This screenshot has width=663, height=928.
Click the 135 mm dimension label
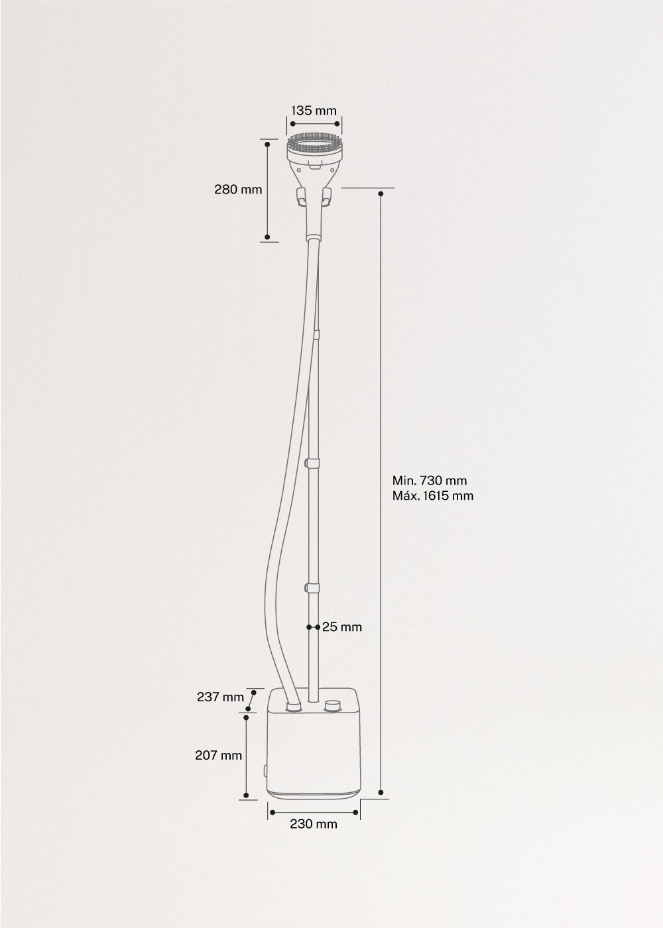[x=314, y=110]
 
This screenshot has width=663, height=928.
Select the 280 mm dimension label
[x=238, y=190]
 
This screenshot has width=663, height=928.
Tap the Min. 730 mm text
[x=425, y=481]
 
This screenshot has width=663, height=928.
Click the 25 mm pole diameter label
[x=342, y=626]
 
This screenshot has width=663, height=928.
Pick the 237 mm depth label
[x=220, y=697]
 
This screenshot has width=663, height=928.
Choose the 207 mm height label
[x=218, y=755]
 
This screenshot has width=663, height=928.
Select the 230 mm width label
[x=314, y=824]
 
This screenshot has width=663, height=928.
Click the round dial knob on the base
[x=333, y=705]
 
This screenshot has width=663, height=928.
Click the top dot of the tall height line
[x=381, y=194]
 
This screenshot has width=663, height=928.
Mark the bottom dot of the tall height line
[x=381, y=791]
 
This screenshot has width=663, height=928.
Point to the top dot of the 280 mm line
[x=267, y=143]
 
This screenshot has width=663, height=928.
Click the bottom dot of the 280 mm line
[x=267, y=237]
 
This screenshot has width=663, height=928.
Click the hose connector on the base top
[x=292, y=707]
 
